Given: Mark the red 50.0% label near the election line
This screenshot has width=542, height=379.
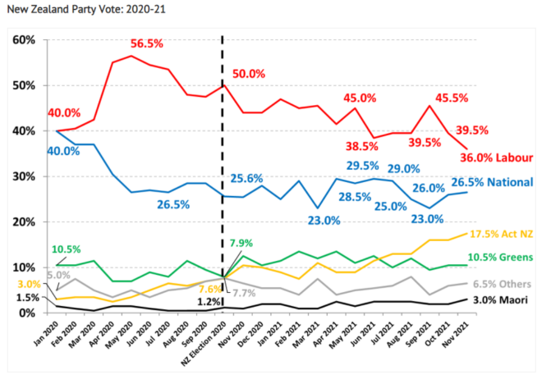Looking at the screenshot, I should tap(250, 74).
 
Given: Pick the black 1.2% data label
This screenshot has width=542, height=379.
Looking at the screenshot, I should tap(209, 301).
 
